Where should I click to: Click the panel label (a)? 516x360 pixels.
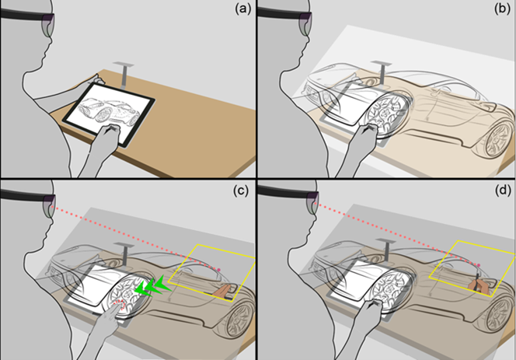click(241, 12)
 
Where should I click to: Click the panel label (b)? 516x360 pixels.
click(499, 12)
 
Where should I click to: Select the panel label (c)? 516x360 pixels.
click(241, 194)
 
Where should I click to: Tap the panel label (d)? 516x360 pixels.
click(499, 194)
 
